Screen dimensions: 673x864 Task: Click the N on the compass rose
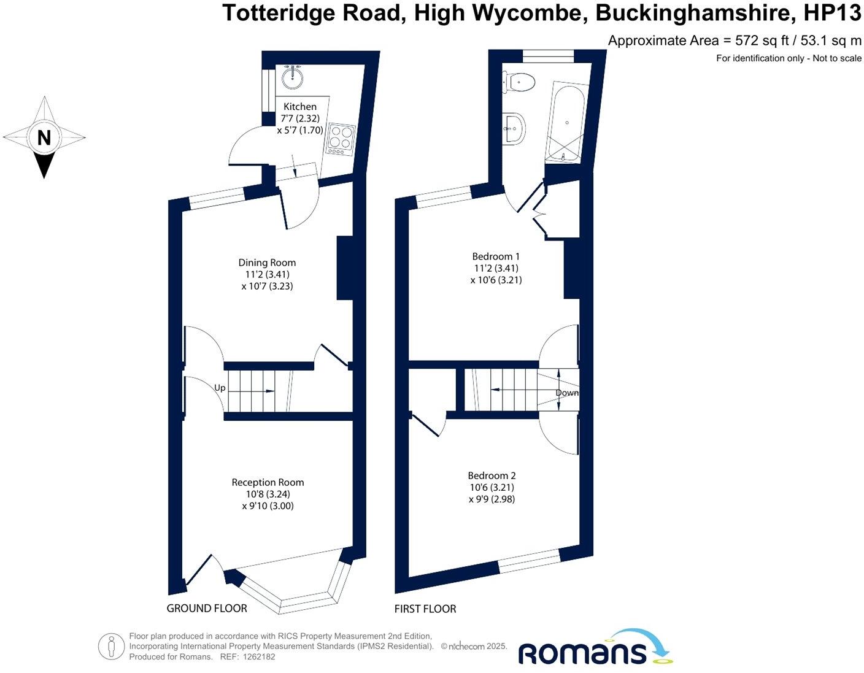coord(44,137)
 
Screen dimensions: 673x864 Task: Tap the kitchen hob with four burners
coord(341,139)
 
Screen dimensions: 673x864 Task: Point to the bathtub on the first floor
coord(566,122)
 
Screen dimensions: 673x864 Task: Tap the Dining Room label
coord(267,263)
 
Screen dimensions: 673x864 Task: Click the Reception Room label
coord(268,482)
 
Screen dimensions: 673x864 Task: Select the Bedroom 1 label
coord(496,256)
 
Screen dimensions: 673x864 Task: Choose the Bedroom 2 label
coord(492,475)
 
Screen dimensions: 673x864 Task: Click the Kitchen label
coord(300,107)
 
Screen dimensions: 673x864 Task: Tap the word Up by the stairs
coord(220,388)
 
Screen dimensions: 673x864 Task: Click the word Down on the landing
coord(567,393)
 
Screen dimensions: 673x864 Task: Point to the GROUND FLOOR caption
coord(207,609)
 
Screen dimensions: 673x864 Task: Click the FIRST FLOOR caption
coord(425,609)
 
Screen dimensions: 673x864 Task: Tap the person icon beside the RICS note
coord(111,647)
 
